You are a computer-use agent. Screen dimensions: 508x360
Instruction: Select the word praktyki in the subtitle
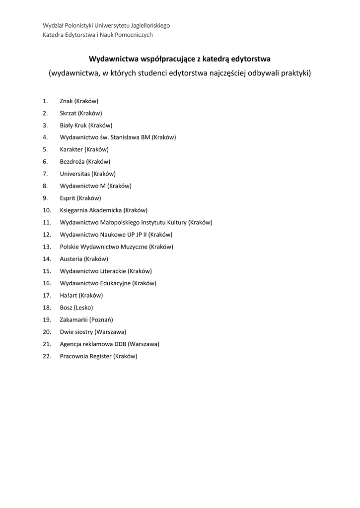pyautogui.click(x=295, y=73)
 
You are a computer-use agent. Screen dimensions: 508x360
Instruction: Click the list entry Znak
pyautogui.click(x=67, y=101)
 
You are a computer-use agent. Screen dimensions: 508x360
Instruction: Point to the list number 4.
pyautogui.click(x=45, y=137)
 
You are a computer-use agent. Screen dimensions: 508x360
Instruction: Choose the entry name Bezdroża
pyautogui.click(x=72, y=162)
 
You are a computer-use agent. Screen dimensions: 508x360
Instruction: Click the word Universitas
pyautogui.click(x=74, y=174)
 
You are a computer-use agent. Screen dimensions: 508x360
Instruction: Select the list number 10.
pyautogui.click(x=47, y=210)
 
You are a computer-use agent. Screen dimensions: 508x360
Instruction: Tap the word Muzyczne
pyautogui.click(x=134, y=247)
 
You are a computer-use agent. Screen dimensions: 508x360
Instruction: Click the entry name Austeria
pyautogui.click(x=71, y=259)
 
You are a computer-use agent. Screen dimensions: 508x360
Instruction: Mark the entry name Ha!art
pyautogui.click(x=69, y=295)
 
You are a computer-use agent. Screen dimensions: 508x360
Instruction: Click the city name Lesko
pyautogui.click(x=83, y=308)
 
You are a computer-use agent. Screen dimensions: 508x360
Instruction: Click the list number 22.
pyautogui.click(x=47, y=356)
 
